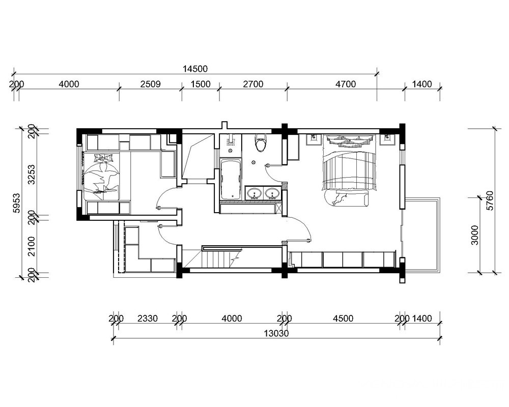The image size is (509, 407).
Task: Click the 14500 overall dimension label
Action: (x=195, y=69)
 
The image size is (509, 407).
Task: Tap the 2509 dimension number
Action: (x=150, y=84)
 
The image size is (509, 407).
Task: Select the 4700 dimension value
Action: (x=346, y=84)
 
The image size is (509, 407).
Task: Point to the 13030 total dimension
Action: (x=276, y=333)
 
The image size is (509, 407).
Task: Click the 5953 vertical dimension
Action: (x=16, y=203)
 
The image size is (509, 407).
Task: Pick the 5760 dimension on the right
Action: (x=490, y=200)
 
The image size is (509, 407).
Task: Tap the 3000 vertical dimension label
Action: (x=474, y=235)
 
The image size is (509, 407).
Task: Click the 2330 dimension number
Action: (x=148, y=318)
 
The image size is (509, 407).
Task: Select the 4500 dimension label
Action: (x=343, y=318)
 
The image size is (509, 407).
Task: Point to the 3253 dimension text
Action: (x=32, y=175)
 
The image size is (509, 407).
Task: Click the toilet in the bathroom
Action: (x=261, y=143)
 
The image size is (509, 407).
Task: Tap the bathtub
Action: (x=231, y=180)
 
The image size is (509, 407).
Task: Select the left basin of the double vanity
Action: (x=254, y=194)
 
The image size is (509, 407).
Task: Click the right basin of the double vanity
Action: (x=272, y=194)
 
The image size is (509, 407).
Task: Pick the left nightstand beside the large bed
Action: (x=314, y=139)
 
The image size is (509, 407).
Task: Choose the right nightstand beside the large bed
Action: (x=387, y=139)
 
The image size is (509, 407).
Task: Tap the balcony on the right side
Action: (x=421, y=234)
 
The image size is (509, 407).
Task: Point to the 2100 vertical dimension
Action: (x=32, y=246)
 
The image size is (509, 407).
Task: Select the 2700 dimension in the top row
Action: (x=253, y=84)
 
